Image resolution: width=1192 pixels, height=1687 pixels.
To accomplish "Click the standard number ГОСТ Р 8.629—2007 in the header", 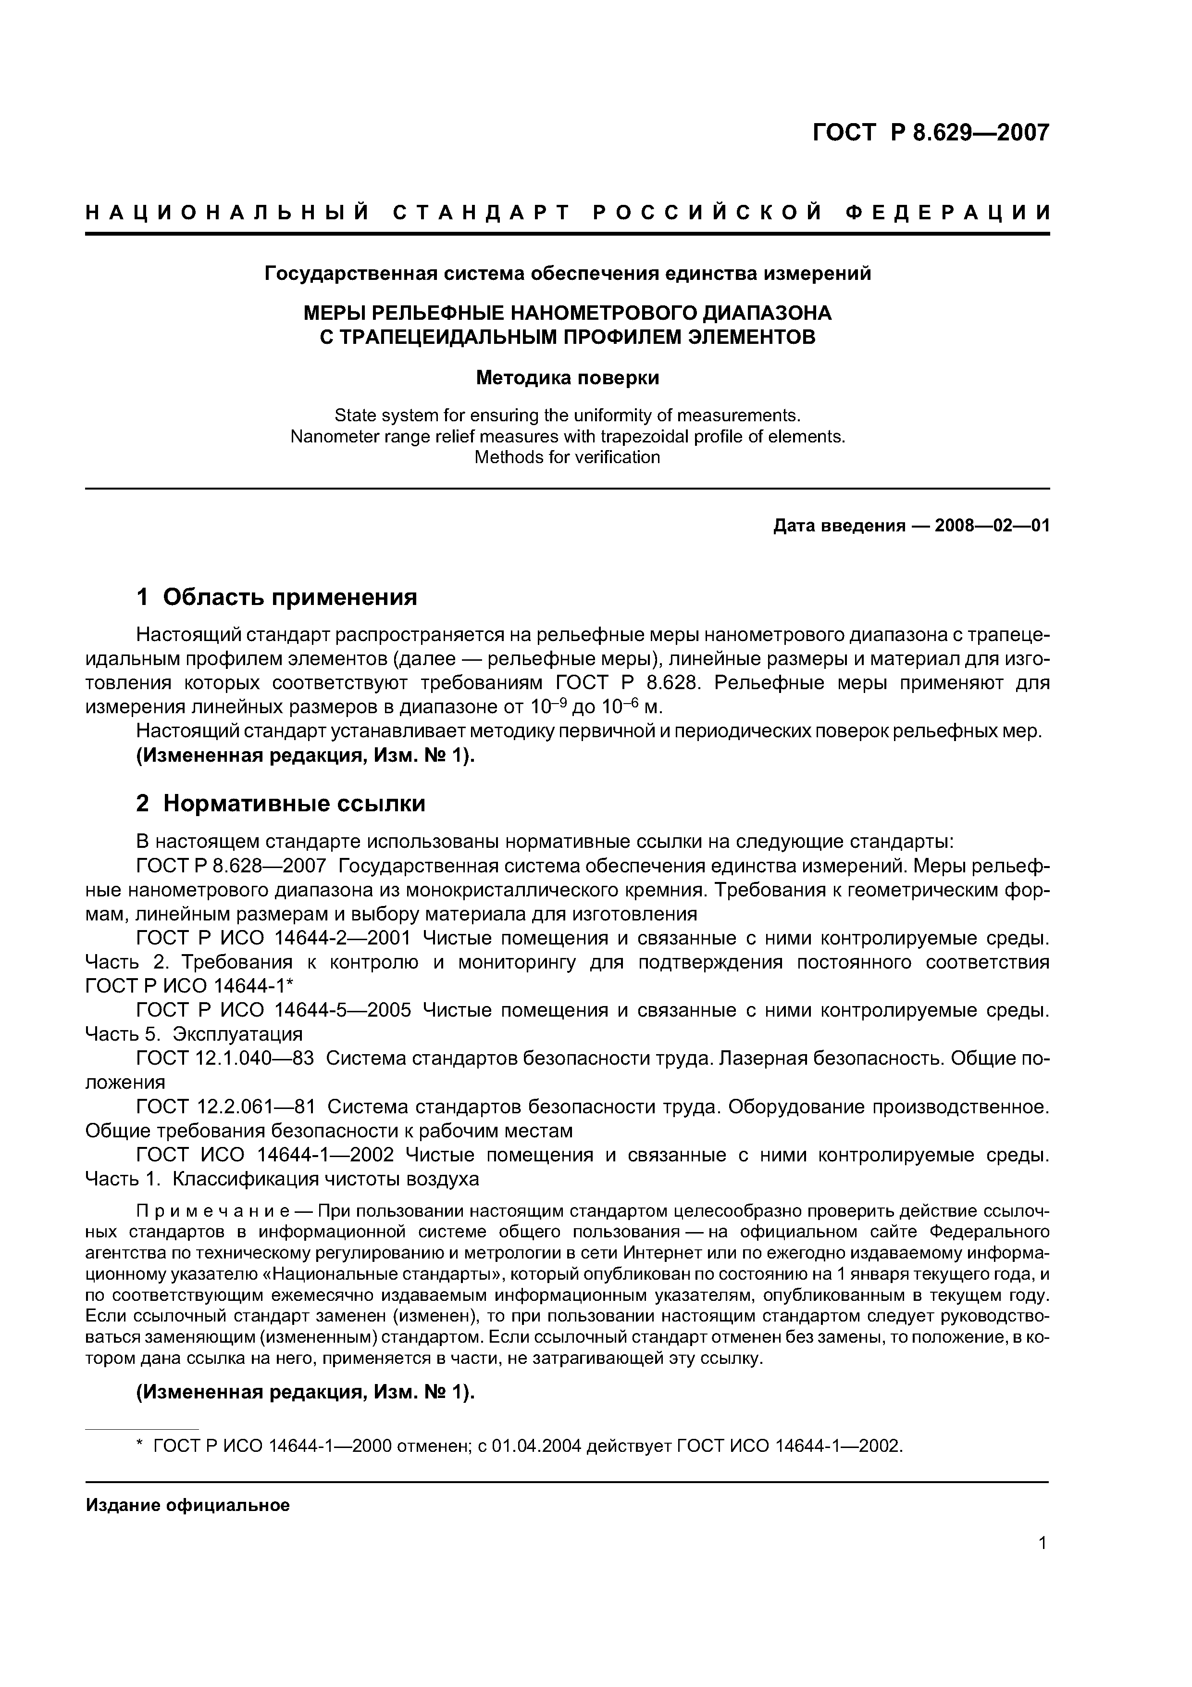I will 931,133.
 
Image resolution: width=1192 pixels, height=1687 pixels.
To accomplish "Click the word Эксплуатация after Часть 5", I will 237,1034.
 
